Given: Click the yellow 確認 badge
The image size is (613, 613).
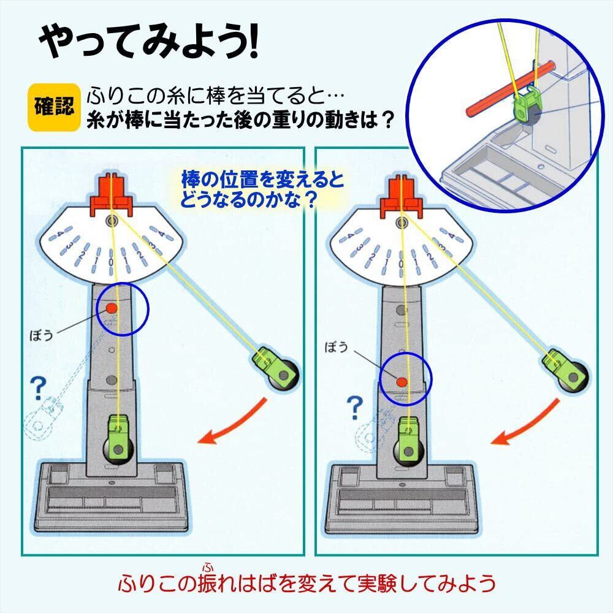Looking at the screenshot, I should [x=54, y=107].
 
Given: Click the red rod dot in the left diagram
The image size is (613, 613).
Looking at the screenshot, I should [x=112, y=308].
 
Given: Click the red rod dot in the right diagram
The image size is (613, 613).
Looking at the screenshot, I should [x=402, y=382].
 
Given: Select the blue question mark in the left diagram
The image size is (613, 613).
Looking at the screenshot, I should [x=39, y=386].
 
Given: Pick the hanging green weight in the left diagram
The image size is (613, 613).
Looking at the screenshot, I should [x=120, y=438].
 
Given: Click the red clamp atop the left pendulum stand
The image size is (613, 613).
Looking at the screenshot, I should [x=112, y=195].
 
